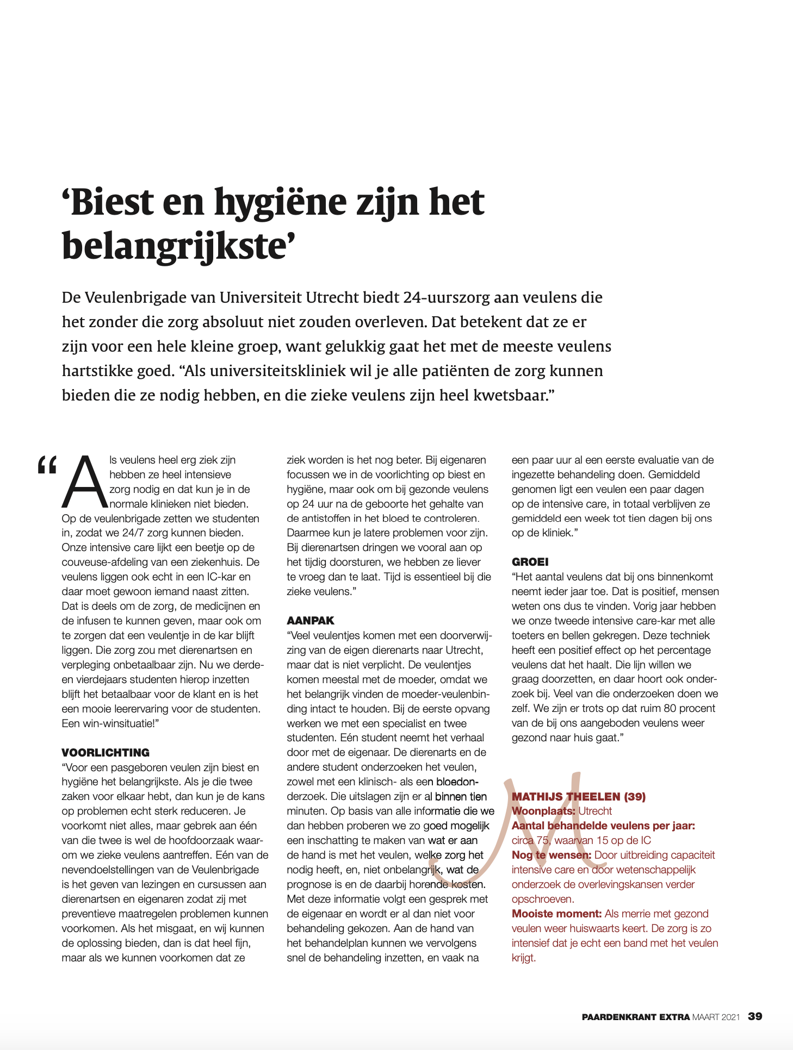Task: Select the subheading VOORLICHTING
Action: (x=106, y=753)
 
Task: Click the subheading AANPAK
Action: (x=311, y=621)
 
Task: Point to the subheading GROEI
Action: (x=530, y=562)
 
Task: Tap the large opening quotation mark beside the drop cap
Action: (x=47, y=466)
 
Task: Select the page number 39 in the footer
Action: (x=755, y=1016)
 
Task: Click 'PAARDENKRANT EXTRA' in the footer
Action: (x=636, y=1017)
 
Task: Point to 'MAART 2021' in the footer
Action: (x=716, y=1017)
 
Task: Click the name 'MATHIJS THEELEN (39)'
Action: (x=579, y=797)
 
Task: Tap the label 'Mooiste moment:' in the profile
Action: (x=556, y=914)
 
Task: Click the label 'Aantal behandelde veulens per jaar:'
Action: (x=603, y=826)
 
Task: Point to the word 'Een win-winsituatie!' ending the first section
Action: (x=110, y=723)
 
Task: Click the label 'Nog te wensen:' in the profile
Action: (x=552, y=855)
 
